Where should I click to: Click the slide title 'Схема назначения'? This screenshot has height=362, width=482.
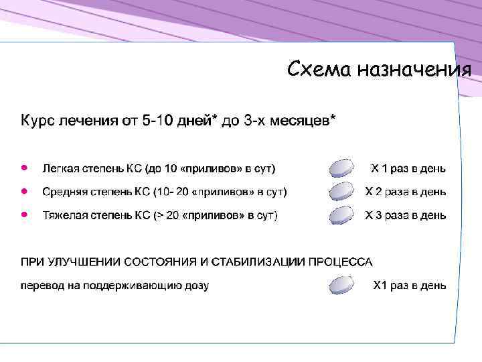[x=378, y=69]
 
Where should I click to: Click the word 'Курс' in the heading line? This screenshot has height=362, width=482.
[x=37, y=121]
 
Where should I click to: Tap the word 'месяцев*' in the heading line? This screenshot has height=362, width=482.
[x=302, y=121]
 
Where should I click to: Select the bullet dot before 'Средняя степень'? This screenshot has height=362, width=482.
[x=24, y=191]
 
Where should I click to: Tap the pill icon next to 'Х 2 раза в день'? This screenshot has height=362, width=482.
[x=341, y=191]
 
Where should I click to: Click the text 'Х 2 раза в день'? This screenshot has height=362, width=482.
[x=405, y=192]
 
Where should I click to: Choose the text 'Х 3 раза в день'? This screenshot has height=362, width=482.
[x=405, y=215]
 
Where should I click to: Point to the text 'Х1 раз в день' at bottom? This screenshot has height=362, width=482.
[x=409, y=286]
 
